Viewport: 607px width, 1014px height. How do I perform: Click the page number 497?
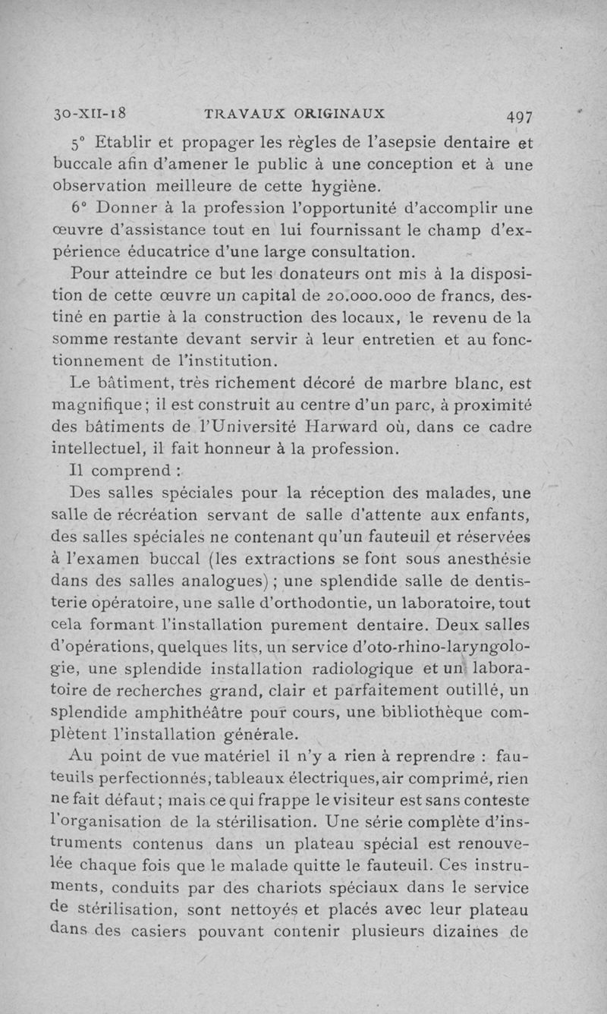[520, 116]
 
